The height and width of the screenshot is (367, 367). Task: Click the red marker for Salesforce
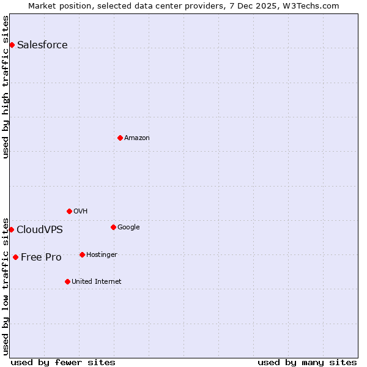point(12,45)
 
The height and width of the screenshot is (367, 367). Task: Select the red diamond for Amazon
point(120,138)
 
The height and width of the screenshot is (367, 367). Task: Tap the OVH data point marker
point(69,211)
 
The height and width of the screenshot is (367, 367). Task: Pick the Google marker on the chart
point(113,227)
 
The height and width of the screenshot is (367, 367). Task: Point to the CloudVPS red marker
point(11,229)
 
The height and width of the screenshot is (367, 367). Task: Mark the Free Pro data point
point(15,257)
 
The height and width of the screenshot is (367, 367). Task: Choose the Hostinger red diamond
point(82,254)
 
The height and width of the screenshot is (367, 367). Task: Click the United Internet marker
point(67,281)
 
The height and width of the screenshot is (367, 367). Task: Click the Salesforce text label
point(42,45)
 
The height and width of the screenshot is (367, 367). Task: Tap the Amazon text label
point(136,138)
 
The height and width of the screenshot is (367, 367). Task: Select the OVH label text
point(80,211)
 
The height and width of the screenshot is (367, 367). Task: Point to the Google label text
point(128,227)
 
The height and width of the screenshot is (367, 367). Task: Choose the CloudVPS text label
point(39,229)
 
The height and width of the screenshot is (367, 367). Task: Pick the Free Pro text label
point(41,257)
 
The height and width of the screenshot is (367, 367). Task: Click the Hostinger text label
point(102,254)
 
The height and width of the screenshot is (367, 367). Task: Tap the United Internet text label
point(96,281)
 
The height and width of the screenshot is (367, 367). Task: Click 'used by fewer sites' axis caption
point(63,362)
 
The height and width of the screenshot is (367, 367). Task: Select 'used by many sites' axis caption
point(307,362)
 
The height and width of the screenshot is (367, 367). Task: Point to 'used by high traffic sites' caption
point(6,87)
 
